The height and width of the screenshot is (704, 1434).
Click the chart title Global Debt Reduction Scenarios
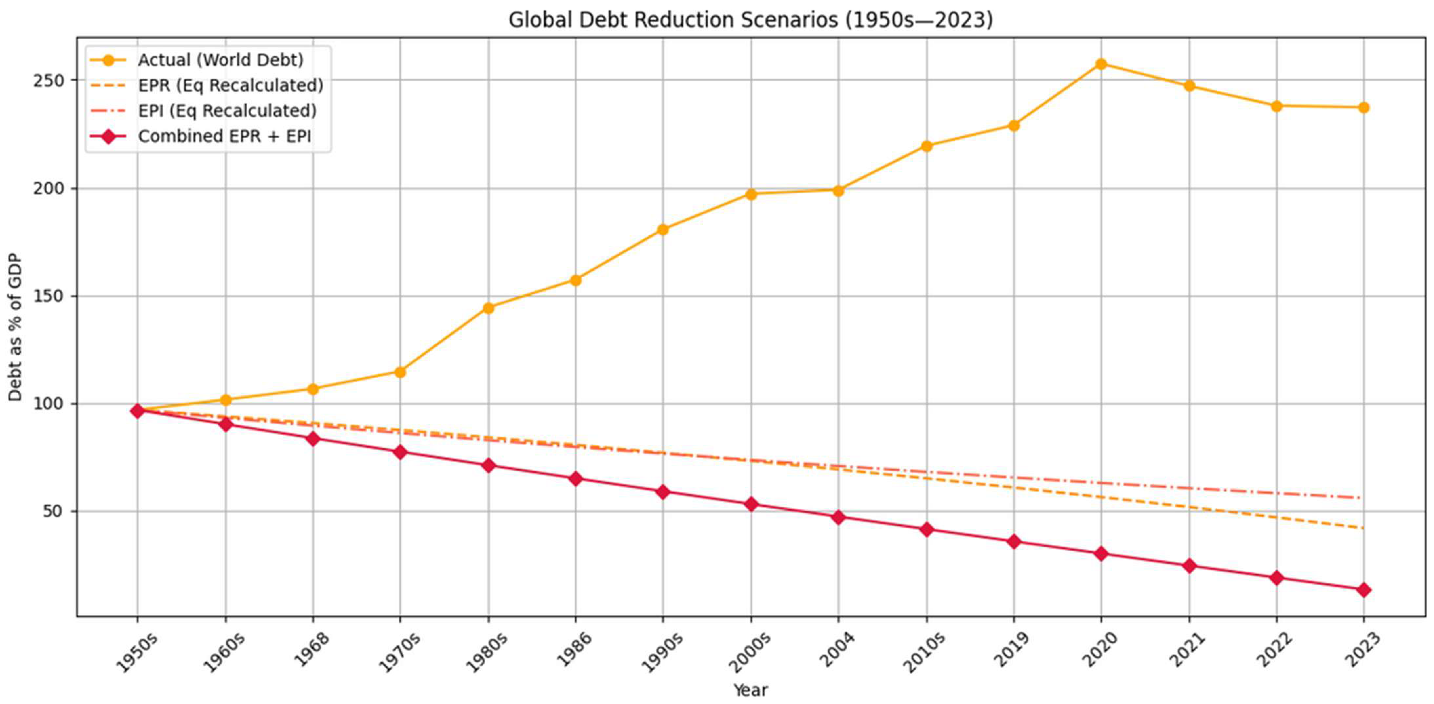click(x=750, y=20)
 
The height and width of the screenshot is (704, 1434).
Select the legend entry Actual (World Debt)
click(x=220, y=60)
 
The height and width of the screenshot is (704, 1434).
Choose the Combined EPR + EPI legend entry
click(x=224, y=136)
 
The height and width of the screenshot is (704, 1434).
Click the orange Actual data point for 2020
click(x=1101, y=64)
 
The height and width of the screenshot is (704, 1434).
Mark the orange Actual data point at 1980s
click(x=488, y=308)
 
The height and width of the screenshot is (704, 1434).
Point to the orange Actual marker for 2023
click(x=1363, y=108)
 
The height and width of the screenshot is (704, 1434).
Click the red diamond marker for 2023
click(x=1363, y=590)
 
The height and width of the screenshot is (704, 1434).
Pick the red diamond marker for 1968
click(x=313, y=439)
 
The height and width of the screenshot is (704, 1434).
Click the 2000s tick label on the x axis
click(x=749, y=652)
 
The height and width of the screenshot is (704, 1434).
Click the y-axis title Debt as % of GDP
click(x=16, y=327)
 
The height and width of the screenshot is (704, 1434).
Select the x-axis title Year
click(x=750, y=691)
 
